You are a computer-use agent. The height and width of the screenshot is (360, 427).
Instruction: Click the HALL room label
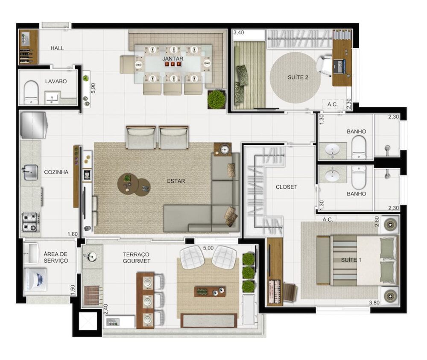[x=57, y=48]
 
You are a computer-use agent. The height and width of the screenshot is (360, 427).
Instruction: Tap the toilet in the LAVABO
[x=31, y=93]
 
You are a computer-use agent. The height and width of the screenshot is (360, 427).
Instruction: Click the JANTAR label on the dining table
[x=173, y=59]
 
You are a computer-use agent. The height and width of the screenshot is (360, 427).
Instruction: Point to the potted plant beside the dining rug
[x=216, y=99]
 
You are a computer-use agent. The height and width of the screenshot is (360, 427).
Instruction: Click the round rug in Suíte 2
[x=296, y=77]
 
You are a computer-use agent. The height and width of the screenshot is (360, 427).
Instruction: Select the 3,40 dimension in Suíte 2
[x=239, y=32]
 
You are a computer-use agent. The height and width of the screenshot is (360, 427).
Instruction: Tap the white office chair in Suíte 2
[x=323, y=64]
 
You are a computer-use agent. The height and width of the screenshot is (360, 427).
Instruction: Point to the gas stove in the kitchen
[x=30, y=222]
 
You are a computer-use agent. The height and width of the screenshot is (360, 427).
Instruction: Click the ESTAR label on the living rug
[x=176, y=181]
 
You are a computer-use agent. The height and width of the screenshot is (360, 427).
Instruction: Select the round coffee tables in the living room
[x=134, y=184]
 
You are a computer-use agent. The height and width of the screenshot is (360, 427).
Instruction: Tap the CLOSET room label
[x=287, y=187]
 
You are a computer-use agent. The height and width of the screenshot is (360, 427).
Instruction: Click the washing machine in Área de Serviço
[x=35, y=279]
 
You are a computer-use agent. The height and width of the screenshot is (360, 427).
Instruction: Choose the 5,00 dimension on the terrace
[x=208, y=247]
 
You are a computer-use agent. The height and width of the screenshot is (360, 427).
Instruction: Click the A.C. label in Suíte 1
[x=328, y=220]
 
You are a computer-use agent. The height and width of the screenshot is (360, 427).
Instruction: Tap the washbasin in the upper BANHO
[x=331, y=149]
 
